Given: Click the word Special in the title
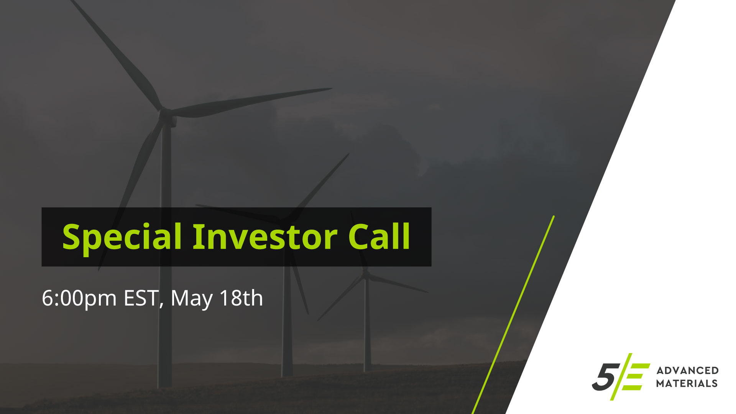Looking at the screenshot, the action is (x=122, y=237).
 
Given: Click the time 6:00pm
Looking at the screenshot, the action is (x=79, y=299).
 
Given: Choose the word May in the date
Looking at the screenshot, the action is (x=192, y=299).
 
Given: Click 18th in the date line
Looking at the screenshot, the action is (x=241, y=298).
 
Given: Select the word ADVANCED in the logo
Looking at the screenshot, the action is (x=688, y=370).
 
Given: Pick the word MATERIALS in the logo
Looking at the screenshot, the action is (x=687, y=383).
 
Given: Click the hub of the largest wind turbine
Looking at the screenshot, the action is (x=167, y=114).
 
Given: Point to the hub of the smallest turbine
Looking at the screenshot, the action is (x=366, y=273).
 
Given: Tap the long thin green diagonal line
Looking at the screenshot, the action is (x=513, y=315).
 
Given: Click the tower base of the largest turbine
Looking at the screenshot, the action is (x=165, y=379).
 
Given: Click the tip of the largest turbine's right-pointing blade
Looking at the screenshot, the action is (x=331, y=89).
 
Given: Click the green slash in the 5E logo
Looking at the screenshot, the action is (x=622, y=377).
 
